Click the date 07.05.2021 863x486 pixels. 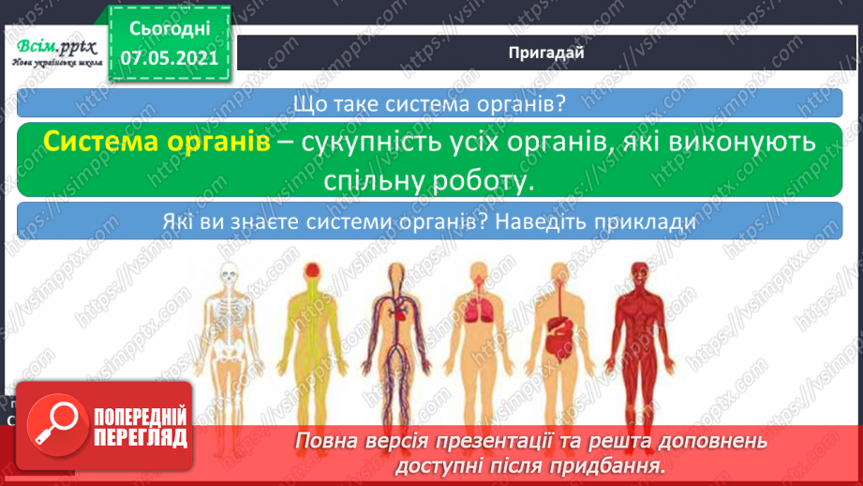[169, 57]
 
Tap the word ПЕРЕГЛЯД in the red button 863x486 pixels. [141, 439]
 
